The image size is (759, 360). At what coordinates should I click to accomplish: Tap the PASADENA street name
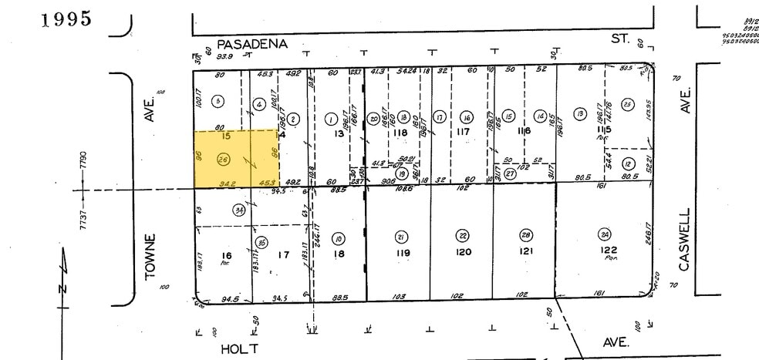coord(251,45)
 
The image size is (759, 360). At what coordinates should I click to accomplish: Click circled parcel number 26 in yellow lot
coord(223,160)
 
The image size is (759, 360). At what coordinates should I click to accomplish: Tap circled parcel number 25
coord(627,106)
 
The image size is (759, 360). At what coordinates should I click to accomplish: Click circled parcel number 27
coord(509,173)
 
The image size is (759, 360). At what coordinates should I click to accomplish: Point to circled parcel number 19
coord(401,173)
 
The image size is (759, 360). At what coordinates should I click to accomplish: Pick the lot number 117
coord(463,132)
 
